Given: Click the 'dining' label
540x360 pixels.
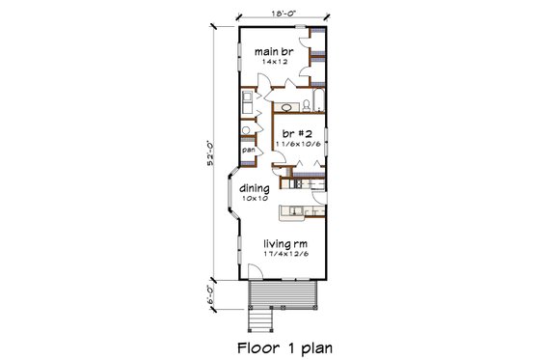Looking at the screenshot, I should click(255, 189).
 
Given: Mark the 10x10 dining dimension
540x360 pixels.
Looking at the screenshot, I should click(255, 200).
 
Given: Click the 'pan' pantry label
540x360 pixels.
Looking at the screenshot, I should click(248, 151).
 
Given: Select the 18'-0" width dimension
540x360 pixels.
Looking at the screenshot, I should click(283, 13).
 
